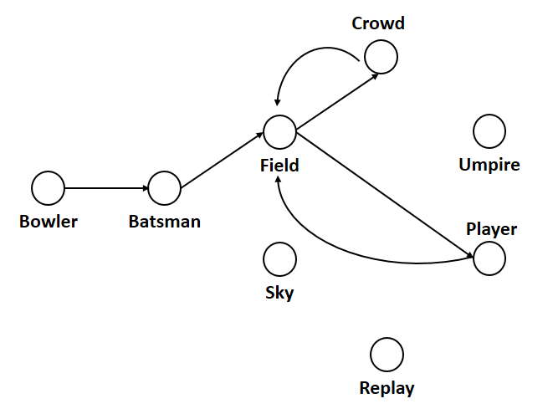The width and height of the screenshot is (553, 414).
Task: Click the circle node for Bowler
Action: coord(49,188)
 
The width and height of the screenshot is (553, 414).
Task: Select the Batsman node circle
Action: coord(165,188)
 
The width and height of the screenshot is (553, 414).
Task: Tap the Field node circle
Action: coord(279,131)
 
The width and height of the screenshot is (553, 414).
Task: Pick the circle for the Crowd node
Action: coord(381,57)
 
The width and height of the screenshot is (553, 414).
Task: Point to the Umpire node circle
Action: coord(489,131)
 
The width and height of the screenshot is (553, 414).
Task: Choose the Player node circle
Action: coord(489,258)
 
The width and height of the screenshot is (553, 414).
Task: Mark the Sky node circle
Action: coord(279,259)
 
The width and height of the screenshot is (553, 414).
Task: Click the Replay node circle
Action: coord(387,355)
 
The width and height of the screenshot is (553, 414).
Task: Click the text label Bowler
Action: coord(49,222)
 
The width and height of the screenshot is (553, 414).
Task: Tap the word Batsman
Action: coord(165,222)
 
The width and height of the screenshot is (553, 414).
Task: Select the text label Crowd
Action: coord(378,23)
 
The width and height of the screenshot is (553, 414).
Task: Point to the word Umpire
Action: coord(489,165)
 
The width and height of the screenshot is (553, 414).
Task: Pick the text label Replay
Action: coord(387,388)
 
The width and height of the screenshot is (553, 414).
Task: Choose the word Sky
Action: coord(279,293)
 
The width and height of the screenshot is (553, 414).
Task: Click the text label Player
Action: coord(492,229)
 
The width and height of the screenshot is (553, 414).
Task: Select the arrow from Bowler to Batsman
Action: coord(106,188)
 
